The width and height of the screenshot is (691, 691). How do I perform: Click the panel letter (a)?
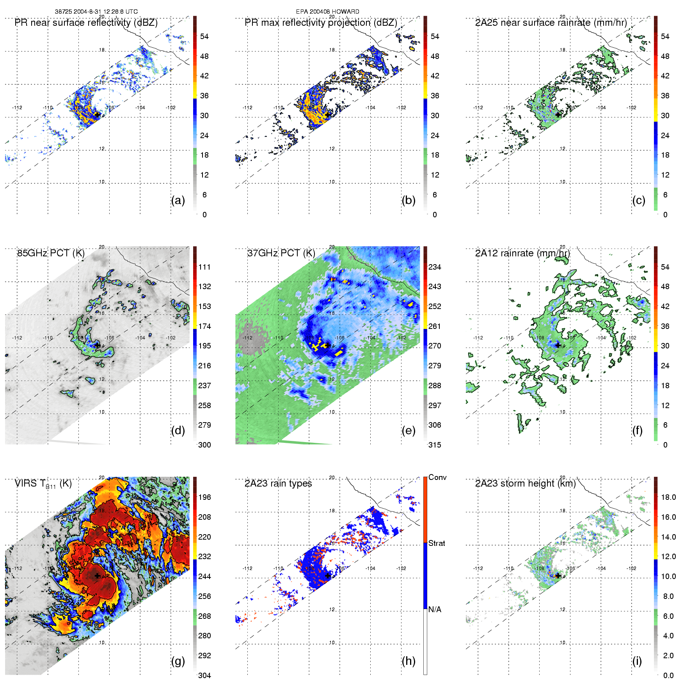[178, 200]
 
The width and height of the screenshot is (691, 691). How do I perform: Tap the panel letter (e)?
[408, 430]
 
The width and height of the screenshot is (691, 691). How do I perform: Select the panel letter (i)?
[637, 661]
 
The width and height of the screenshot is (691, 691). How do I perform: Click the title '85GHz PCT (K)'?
[51, 253]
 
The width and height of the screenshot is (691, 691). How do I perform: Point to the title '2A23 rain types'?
[278, 483]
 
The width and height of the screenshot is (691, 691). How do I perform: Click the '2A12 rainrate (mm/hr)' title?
[522, 253]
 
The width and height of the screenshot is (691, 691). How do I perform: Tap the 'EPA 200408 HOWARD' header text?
[327, 12]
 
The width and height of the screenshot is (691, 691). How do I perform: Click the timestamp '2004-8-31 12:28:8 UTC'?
[105, 12]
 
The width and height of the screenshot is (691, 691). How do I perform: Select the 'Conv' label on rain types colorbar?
[437, 477]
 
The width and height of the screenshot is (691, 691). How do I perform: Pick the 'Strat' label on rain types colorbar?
[437, 543]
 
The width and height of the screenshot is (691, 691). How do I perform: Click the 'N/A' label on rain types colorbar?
[435, 609]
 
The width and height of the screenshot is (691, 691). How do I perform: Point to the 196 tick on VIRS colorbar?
[204, 497]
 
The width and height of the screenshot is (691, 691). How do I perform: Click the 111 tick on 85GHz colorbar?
[204, 267]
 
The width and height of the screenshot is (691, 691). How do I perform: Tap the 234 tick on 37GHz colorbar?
[435, 267]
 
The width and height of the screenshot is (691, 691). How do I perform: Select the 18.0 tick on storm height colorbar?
[668, 497]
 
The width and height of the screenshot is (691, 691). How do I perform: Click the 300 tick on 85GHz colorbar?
[204, 445]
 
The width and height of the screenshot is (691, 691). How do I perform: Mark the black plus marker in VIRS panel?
[97, 576]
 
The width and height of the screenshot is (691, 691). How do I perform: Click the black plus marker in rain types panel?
[328, 576]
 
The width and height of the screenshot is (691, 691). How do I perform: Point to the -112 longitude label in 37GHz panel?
[247, 338]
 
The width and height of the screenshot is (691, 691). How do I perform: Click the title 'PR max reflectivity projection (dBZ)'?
[321, 23]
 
